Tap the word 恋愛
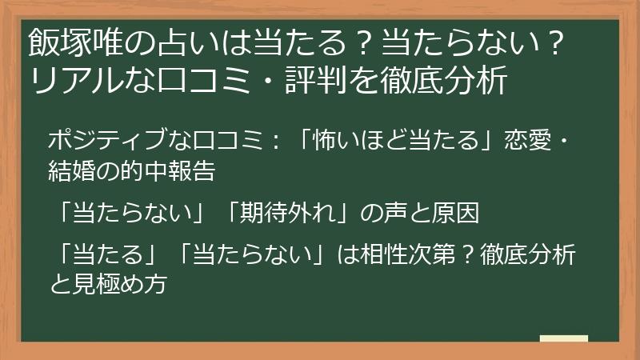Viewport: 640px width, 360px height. coord(526,141)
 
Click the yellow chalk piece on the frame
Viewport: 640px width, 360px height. coord(563,339)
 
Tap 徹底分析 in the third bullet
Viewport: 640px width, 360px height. coord(527,254)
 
